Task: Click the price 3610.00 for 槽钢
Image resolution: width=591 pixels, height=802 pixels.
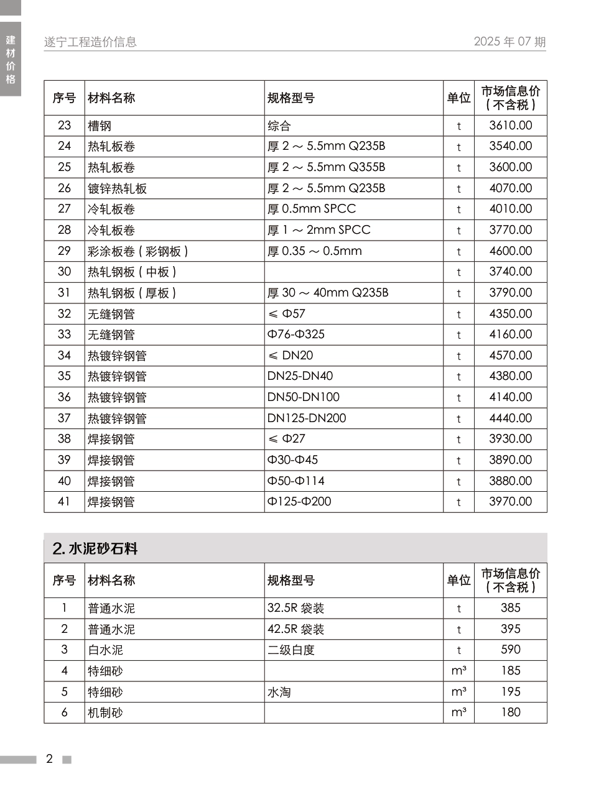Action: pyautogui.click(x=510, y=126)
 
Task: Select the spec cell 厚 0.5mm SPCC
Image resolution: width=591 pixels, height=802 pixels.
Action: pyautogui.click(x=312, y=209)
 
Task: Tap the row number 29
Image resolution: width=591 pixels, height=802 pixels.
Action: pyautogui.click(x=64, y=251)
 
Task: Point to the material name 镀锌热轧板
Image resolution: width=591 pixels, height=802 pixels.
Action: pyautogui.click(x=117, y=188)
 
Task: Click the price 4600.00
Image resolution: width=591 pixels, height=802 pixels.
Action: pyautogui.click(x=510, y=251)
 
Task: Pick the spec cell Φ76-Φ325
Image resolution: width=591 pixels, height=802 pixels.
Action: pyautogui.click(x=296, y=334)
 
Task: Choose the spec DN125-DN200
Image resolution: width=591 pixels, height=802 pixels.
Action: pyautogui.click(x=307, y=418)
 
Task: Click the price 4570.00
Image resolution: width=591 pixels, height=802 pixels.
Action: pyautogui.click(x=510, y=356)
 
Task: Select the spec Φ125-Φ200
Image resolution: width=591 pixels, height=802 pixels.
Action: pyautogui.click(x=299, y=502)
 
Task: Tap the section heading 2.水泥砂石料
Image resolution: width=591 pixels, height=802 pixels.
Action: pyautogui.click(x=95, y=548)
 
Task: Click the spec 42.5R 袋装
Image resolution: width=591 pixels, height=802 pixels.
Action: pyautogui.click(x=296, y=629)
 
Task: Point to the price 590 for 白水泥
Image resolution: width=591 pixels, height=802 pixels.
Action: pyautogui.click(x=510, y=650)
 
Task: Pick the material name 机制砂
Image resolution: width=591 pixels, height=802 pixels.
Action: pyautogui.click(x=105, y=713)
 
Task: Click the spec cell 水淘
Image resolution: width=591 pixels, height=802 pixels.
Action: pyautogui.click(x=279, y=692)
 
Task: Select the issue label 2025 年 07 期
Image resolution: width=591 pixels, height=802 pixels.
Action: pyautogui.click(x=510, y=42)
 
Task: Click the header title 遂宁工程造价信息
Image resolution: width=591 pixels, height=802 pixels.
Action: pyautogui.click(x=90, y=42)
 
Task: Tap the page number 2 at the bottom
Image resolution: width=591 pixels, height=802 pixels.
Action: pyautogui.click(x=50, y=759)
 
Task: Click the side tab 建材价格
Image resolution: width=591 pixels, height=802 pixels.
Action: pyautogui.click(x=11, y=60)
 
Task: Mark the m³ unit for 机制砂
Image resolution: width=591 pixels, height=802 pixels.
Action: pyautogui.click(x=458, y=712)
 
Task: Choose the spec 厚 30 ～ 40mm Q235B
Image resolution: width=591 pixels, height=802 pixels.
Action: pyautogui.click(x=328, y=293)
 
